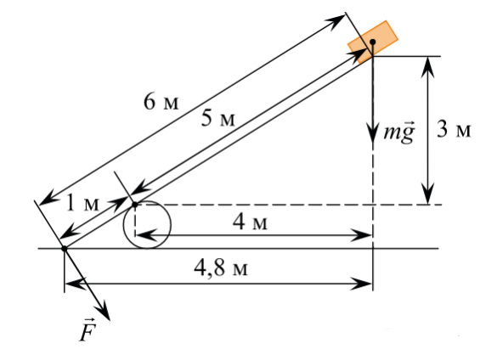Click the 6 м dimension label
coord(161,102)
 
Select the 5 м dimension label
coord(218,119)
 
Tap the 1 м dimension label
coord(83,203)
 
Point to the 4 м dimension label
coord(250,222)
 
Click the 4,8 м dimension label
coord(221,268)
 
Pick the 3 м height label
coord(454,129)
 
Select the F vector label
coord(88,329)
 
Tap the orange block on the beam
coord(373,42)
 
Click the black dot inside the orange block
coord(373,42)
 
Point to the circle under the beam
coord(147,224)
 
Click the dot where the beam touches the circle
coord(135,205)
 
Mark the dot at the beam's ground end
coord(65,249)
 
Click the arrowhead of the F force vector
coord(105,312)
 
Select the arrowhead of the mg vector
coord(373,133)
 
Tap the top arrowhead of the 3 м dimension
coord(427,65)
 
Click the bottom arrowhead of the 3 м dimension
coord(427,194)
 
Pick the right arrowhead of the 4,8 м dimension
coord(361,284)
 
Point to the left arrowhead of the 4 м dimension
coord(146,235)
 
